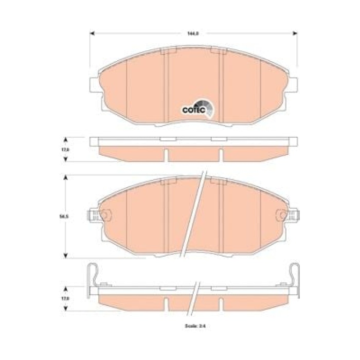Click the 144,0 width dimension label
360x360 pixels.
coord(193,33)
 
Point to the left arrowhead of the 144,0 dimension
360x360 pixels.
coord(93,33)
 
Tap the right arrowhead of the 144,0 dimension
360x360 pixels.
coord(295,33)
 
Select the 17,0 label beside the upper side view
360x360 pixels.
coord(65,149)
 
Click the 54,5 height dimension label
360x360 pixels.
coord(65,217)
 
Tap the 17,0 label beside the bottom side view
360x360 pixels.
coord(65,298)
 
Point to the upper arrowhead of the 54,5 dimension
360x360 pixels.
coord(65,177)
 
